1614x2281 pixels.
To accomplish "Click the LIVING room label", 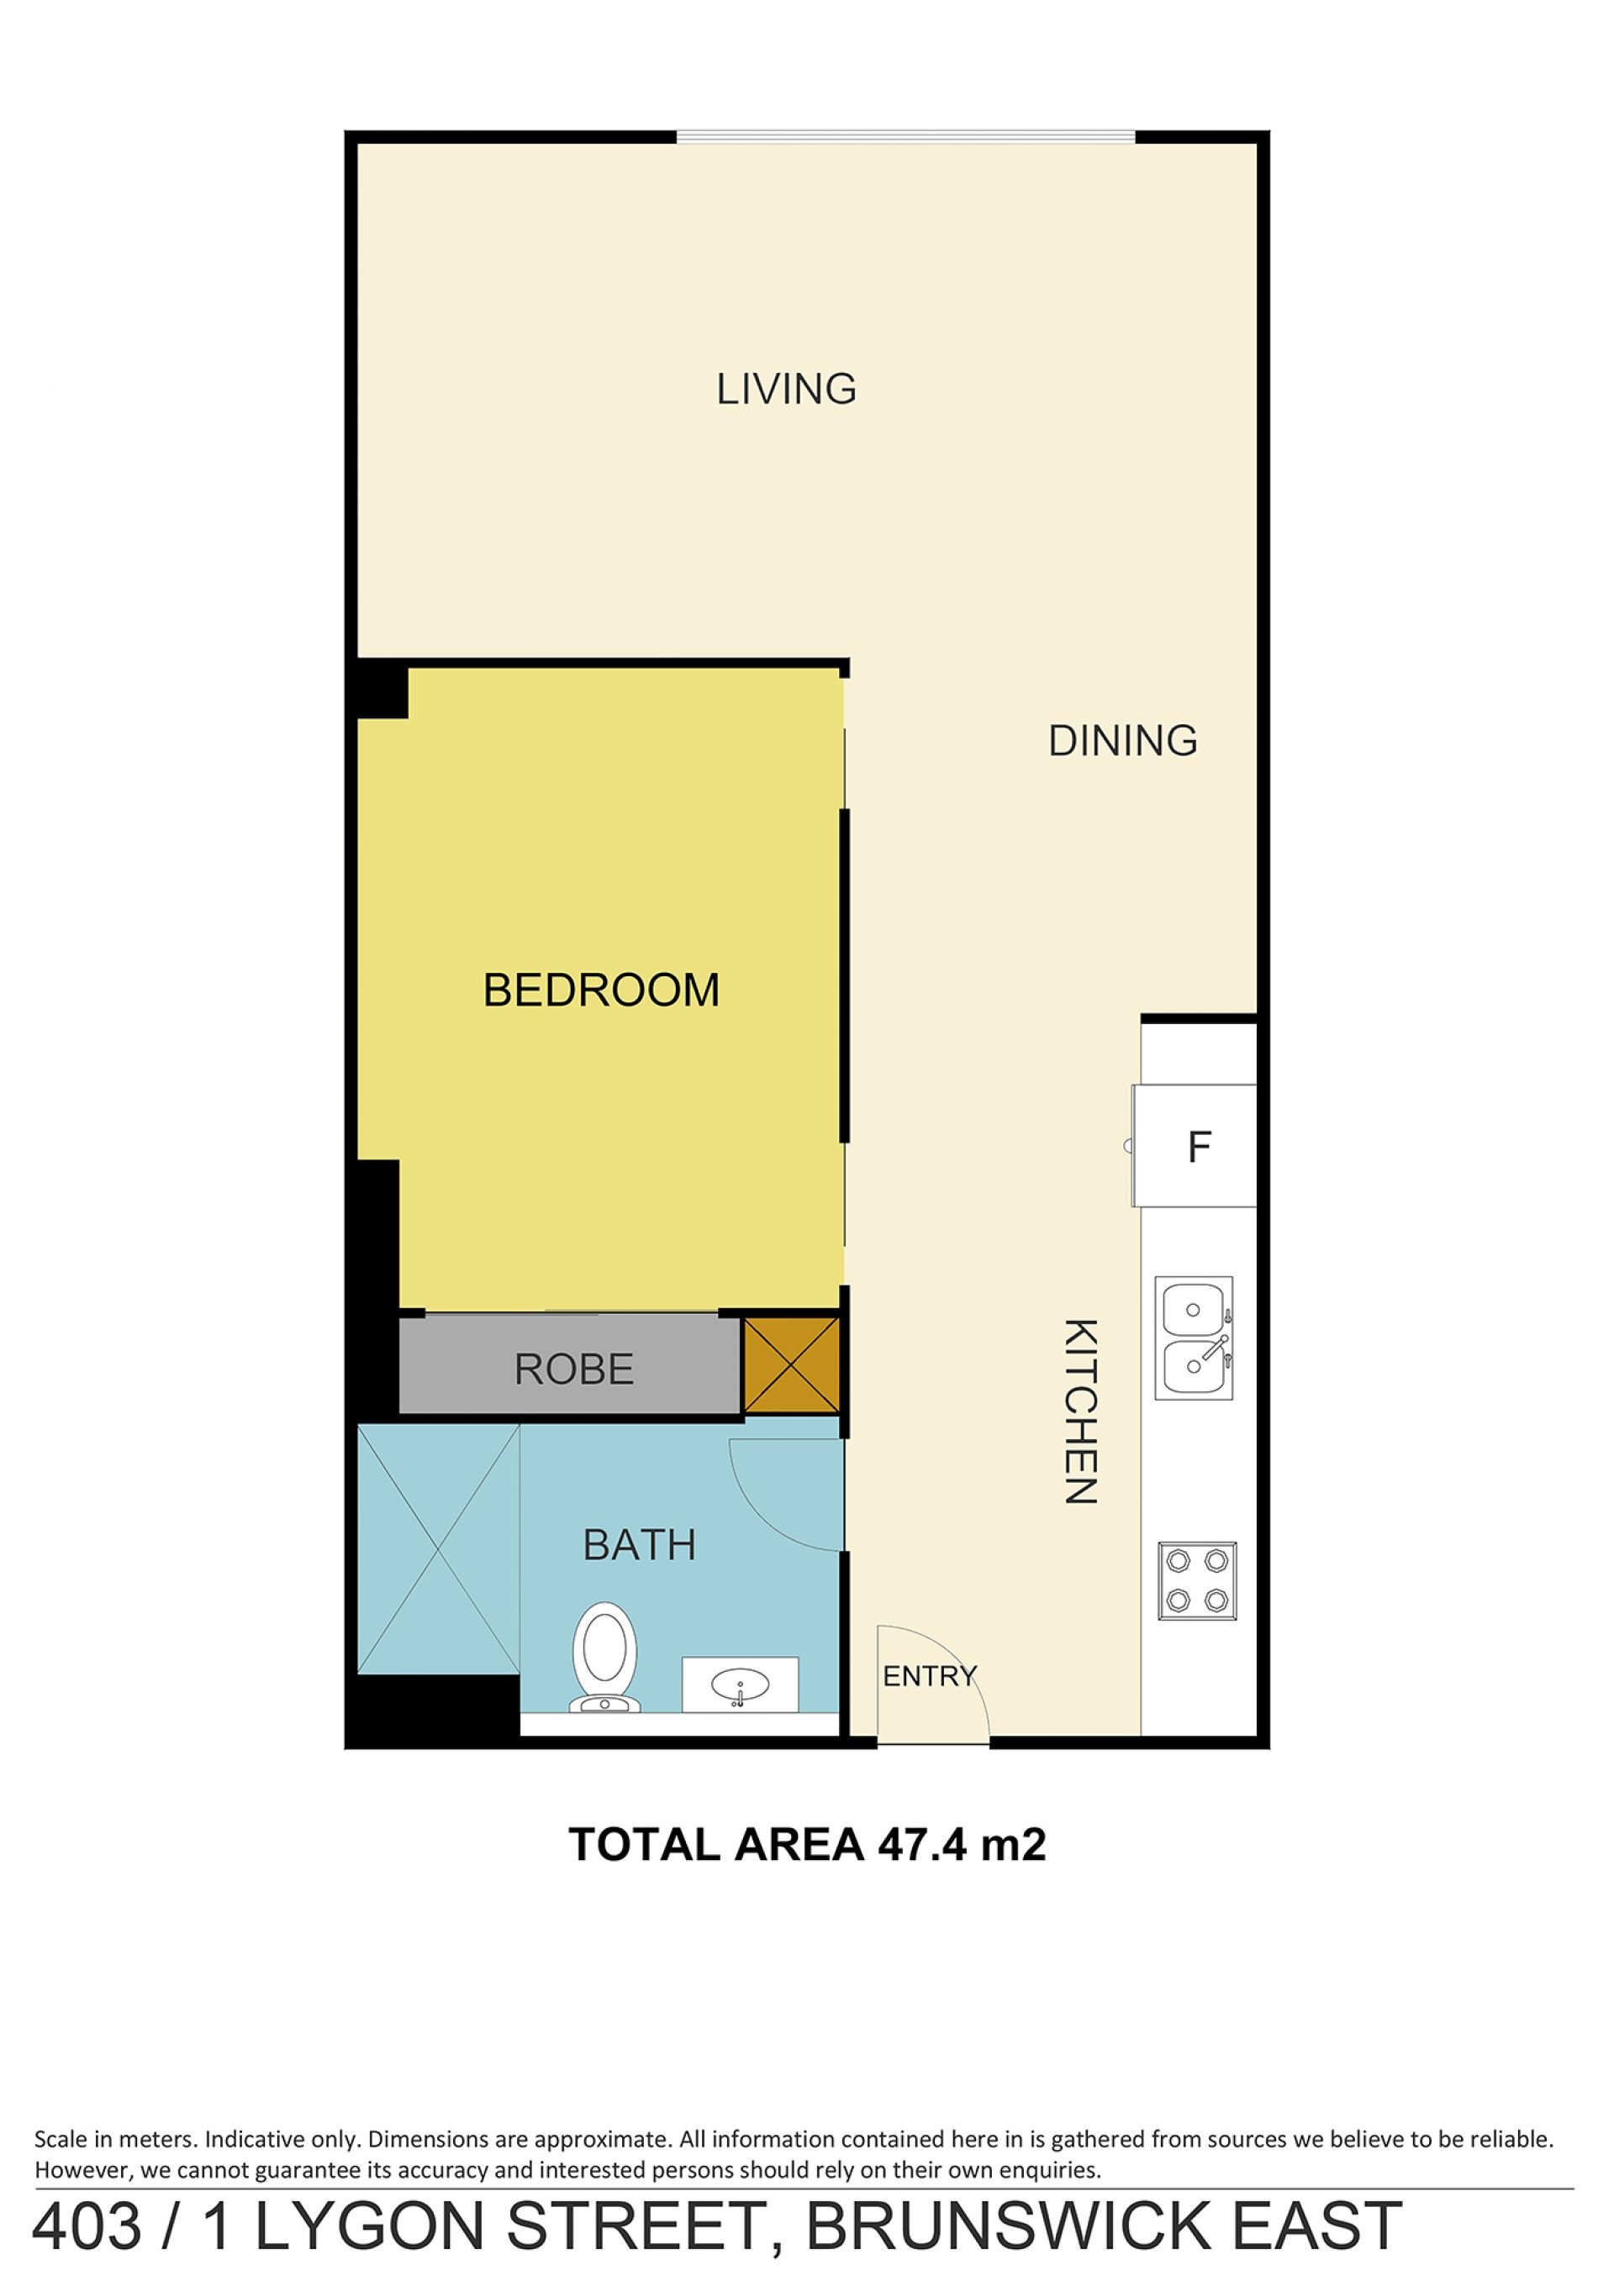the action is tap(786, 388).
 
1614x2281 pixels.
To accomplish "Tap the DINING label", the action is tap(1123, 741).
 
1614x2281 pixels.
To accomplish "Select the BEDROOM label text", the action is tap(601, 991).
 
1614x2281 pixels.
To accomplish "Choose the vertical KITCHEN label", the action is tap(1080, 1411).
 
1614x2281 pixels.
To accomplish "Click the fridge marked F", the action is tap(1195, 1145).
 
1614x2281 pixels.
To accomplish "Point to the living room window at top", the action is tap(906, 137).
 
